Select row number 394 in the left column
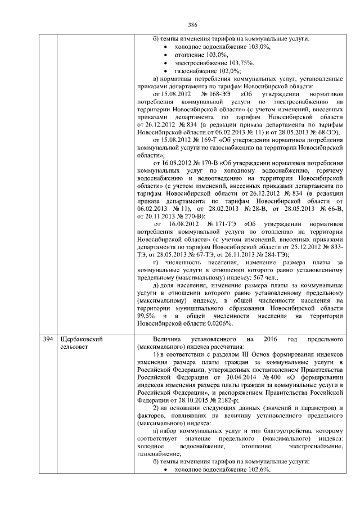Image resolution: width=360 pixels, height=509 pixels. [x=48, y=340]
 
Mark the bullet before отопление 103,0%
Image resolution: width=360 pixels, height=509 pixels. [x=165, y=55]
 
